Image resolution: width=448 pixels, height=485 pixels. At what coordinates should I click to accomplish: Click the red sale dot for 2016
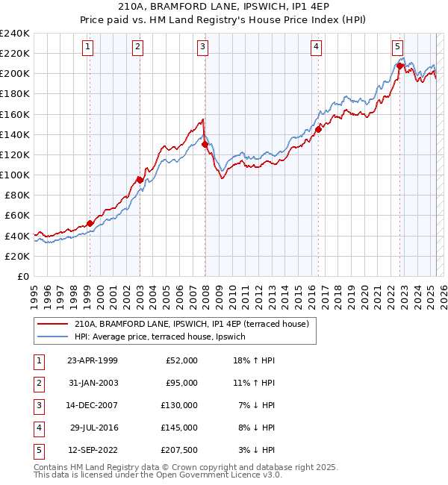point(318,129)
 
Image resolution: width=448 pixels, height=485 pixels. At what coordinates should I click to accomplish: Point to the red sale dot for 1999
point(90,223)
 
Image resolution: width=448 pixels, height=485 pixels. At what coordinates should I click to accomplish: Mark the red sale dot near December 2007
point(205,144)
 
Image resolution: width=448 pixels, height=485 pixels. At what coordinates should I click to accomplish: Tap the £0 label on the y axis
point(22,276)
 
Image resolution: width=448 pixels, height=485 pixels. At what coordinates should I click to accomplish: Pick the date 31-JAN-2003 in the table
point(93,383)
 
